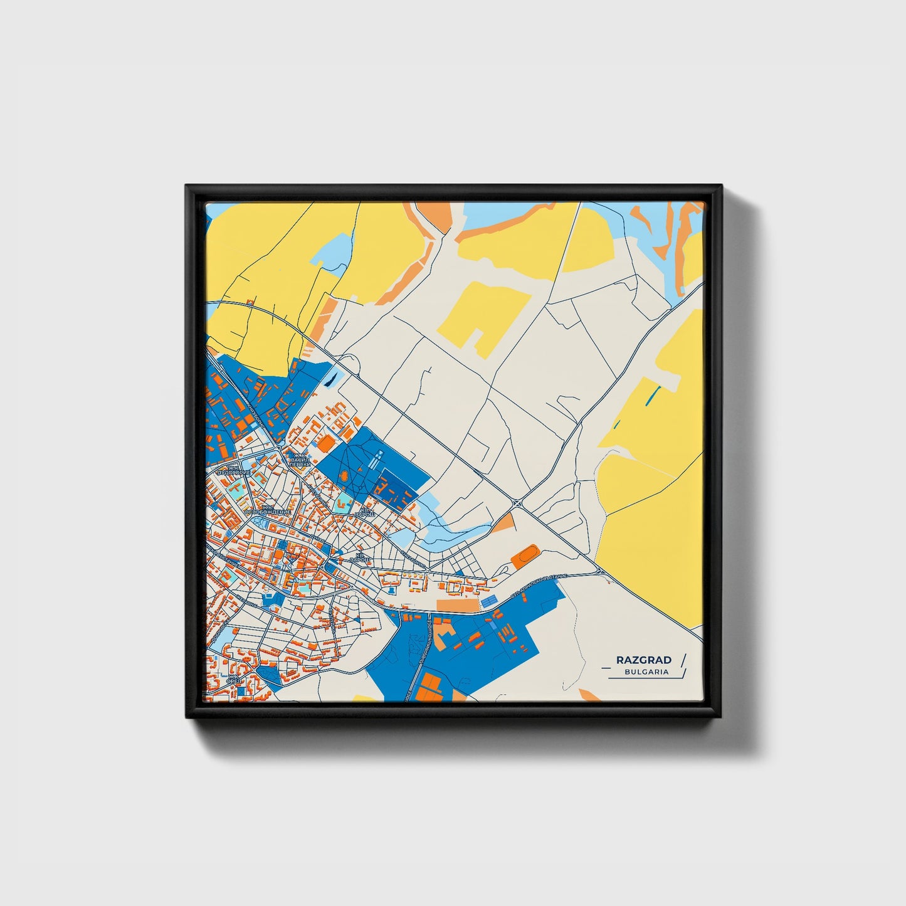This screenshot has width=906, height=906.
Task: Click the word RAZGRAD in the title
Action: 643,660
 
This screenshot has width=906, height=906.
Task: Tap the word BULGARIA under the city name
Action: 646,672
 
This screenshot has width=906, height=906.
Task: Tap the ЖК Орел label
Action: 233,680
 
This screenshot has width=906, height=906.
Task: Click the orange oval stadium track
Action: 525,555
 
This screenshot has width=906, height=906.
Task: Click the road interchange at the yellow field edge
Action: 601,571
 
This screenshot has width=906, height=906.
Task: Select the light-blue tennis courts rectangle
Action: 488,601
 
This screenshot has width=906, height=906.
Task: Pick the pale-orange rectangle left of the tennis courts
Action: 457,605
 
